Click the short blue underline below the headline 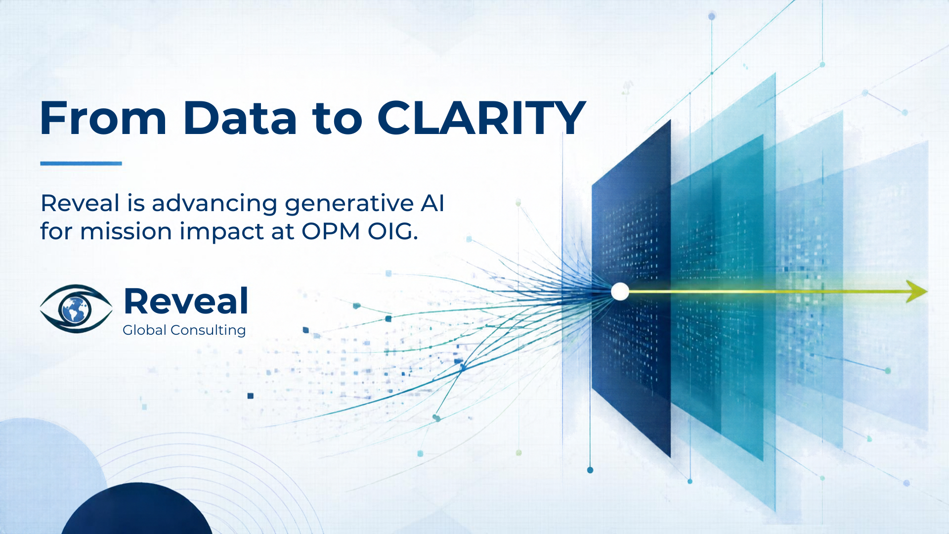click(81, 163)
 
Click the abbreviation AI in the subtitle click(432, 203)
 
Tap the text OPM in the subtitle click(331, 231)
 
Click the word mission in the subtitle click(126, 231)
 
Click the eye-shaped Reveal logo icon click(76, 309)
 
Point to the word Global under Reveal click(144, 330)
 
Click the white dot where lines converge click(620, 292)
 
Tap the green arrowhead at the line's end click(917, 291)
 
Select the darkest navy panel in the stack click(631, 288)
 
